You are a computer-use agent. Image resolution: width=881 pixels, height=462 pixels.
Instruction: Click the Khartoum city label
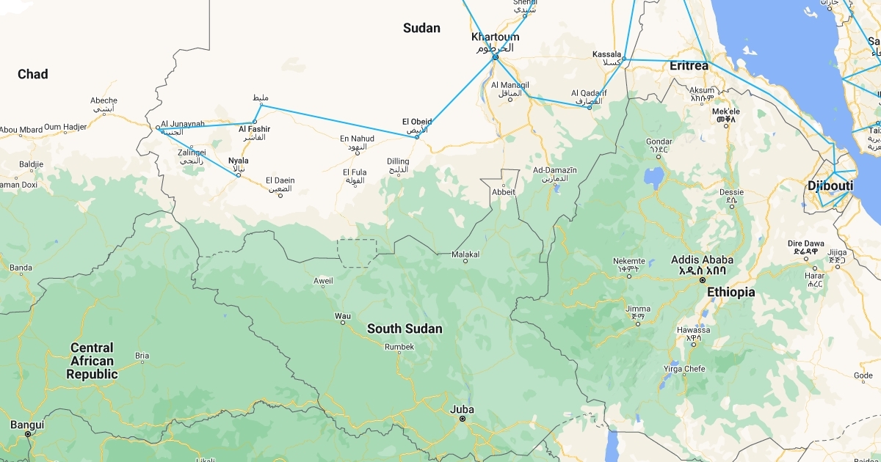click(495, 37)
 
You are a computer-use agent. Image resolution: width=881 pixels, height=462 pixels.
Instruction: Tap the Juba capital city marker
click(463, 419)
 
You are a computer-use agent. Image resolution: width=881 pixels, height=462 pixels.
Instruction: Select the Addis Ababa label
click(702, 260)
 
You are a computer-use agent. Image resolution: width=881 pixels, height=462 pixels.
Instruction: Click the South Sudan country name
click(405, 329)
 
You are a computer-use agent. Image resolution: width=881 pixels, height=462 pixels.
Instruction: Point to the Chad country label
click(33, 74)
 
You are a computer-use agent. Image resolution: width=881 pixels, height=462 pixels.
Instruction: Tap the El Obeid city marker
click(417, 137)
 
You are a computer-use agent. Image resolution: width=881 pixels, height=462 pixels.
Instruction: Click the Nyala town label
click(238, 161)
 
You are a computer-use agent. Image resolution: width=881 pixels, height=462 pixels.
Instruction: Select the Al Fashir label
click(254, 130)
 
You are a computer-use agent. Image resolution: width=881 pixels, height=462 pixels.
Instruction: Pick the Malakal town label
click(465, 254)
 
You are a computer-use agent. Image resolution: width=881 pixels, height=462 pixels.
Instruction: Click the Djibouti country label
click(830, 186)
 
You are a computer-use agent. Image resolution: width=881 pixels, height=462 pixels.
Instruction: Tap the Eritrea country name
click(689, 66)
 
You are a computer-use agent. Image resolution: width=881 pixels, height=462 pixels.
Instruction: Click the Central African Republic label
click(92, 361)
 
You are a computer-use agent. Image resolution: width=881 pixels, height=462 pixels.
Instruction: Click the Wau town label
click(342, 316)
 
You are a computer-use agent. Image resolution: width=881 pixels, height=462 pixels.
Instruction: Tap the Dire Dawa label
click(805, 243)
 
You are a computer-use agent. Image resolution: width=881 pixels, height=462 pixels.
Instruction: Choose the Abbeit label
click(504, 192)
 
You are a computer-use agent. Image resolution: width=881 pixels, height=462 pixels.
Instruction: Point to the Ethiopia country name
click(730, 293)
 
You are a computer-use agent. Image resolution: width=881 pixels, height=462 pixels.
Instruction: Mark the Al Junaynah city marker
click(158, 128)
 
